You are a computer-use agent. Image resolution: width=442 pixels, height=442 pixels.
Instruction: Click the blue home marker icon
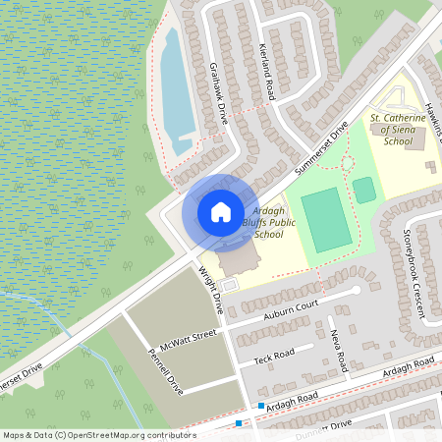221,211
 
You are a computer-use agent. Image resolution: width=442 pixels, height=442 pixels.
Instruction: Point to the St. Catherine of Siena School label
398,129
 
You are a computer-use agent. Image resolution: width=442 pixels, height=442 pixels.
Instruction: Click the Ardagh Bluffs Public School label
268,222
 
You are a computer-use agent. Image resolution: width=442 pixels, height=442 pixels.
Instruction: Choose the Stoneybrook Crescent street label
413,273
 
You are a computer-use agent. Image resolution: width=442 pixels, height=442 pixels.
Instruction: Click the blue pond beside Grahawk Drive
176,83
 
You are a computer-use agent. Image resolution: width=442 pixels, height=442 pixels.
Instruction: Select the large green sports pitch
325,220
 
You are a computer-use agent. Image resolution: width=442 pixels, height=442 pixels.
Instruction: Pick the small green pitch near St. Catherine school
364,190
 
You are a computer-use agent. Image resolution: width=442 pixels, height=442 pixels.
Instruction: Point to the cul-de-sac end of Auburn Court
356,289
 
